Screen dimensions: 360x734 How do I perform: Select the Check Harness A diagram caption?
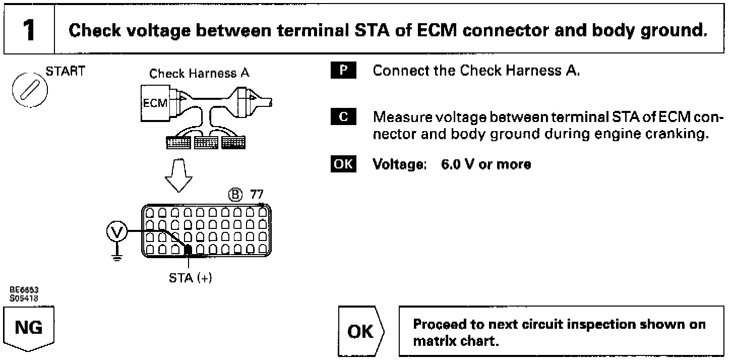pyautogui.click(x=199, y=73)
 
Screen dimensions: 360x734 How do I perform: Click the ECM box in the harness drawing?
pyautogui.click(x=155, y=103)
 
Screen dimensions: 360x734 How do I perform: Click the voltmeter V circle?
pyautogui.click(x=117, y=231)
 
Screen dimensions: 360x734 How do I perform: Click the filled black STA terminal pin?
pyautogui.click(x=188, y=249)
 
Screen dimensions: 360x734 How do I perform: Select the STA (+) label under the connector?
pyautogui.click(x=190, y=278)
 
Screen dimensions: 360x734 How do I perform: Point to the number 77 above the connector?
pyautogui.click(x=257, y=195)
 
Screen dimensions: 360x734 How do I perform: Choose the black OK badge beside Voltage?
pyautogui.click(x=343, y=164)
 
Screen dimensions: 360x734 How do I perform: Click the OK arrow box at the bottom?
pyautogui.click(x=361, y=331)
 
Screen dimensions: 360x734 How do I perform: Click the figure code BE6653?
pyautogui.click(x=24, y=290)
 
